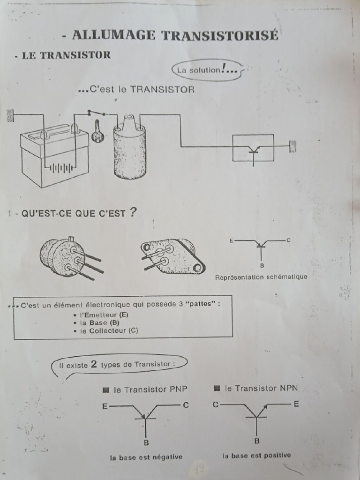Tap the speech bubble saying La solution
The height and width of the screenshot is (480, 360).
click(207, 70)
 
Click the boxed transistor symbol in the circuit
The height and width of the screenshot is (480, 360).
click(253, 148)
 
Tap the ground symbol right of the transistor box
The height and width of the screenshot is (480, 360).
click(293, 146)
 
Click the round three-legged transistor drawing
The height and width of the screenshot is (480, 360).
click(66, 257)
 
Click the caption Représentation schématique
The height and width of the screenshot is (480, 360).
click(261, 277)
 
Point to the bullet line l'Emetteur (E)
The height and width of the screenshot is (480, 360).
click(104, 315)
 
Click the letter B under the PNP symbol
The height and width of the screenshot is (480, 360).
click(146, 442)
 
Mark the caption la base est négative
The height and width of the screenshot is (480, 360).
click(146, 457)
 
